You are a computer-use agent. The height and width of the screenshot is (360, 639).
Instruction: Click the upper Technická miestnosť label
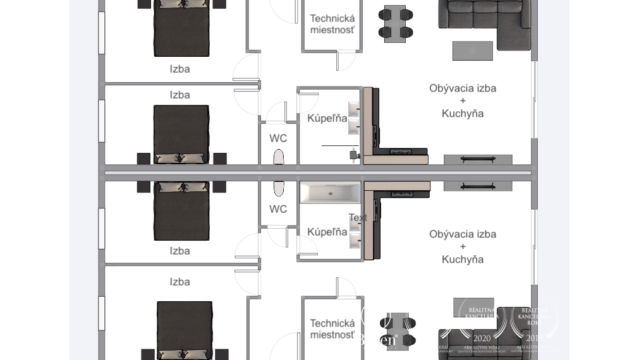(x=332, y=24)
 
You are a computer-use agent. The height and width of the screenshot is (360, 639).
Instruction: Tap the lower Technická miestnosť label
(x=332, y=329)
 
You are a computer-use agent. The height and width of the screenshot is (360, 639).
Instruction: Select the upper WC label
(x=278, y=138)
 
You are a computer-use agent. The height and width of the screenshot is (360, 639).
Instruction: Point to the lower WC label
(x=278, y=209)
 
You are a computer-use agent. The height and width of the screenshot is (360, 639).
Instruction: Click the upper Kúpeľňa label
(x=327, y=118)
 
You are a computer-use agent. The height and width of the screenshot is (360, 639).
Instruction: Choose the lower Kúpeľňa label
(x=327, y=232)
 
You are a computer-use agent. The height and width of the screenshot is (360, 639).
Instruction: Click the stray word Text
(x=358, y=218)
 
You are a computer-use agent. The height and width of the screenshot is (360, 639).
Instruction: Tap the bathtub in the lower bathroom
(x=330, y=193)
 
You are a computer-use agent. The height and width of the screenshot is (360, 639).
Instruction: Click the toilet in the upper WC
(x=279, y=157)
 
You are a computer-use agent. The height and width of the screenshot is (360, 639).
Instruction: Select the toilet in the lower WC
(x=279, y=188)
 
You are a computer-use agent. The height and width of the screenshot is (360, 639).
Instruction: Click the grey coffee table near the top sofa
(x=472, y=51)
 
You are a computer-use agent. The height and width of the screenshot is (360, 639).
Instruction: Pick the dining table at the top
(x=395, y=23)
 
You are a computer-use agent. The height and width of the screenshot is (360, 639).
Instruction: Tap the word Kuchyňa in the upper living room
(x=463, y=114)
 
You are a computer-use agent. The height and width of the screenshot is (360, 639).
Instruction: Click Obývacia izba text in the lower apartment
(x=463, y=234)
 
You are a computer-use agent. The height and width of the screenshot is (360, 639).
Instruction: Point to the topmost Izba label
(x=180, y=69)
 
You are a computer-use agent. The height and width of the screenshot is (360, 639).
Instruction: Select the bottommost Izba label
(x=180, y=282)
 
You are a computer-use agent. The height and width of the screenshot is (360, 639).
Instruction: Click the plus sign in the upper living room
(x=463, y=101)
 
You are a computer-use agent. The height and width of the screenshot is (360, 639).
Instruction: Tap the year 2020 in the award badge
(x=482, y=339)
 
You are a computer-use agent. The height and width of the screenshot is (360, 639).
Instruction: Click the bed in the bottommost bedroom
(x=185, y=328)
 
